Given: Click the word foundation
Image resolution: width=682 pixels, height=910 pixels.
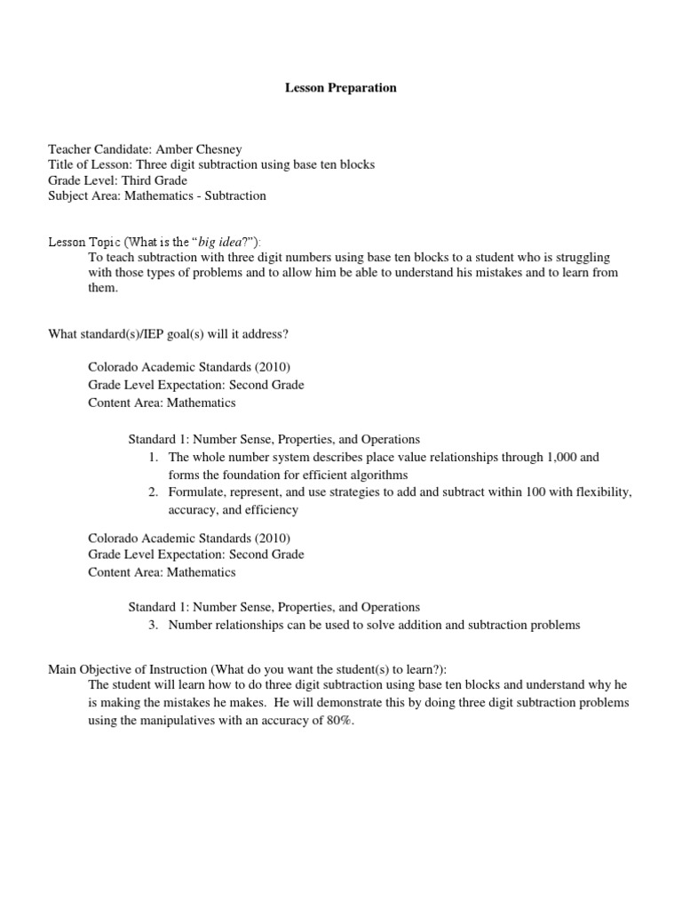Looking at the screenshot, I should click(251, 475).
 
